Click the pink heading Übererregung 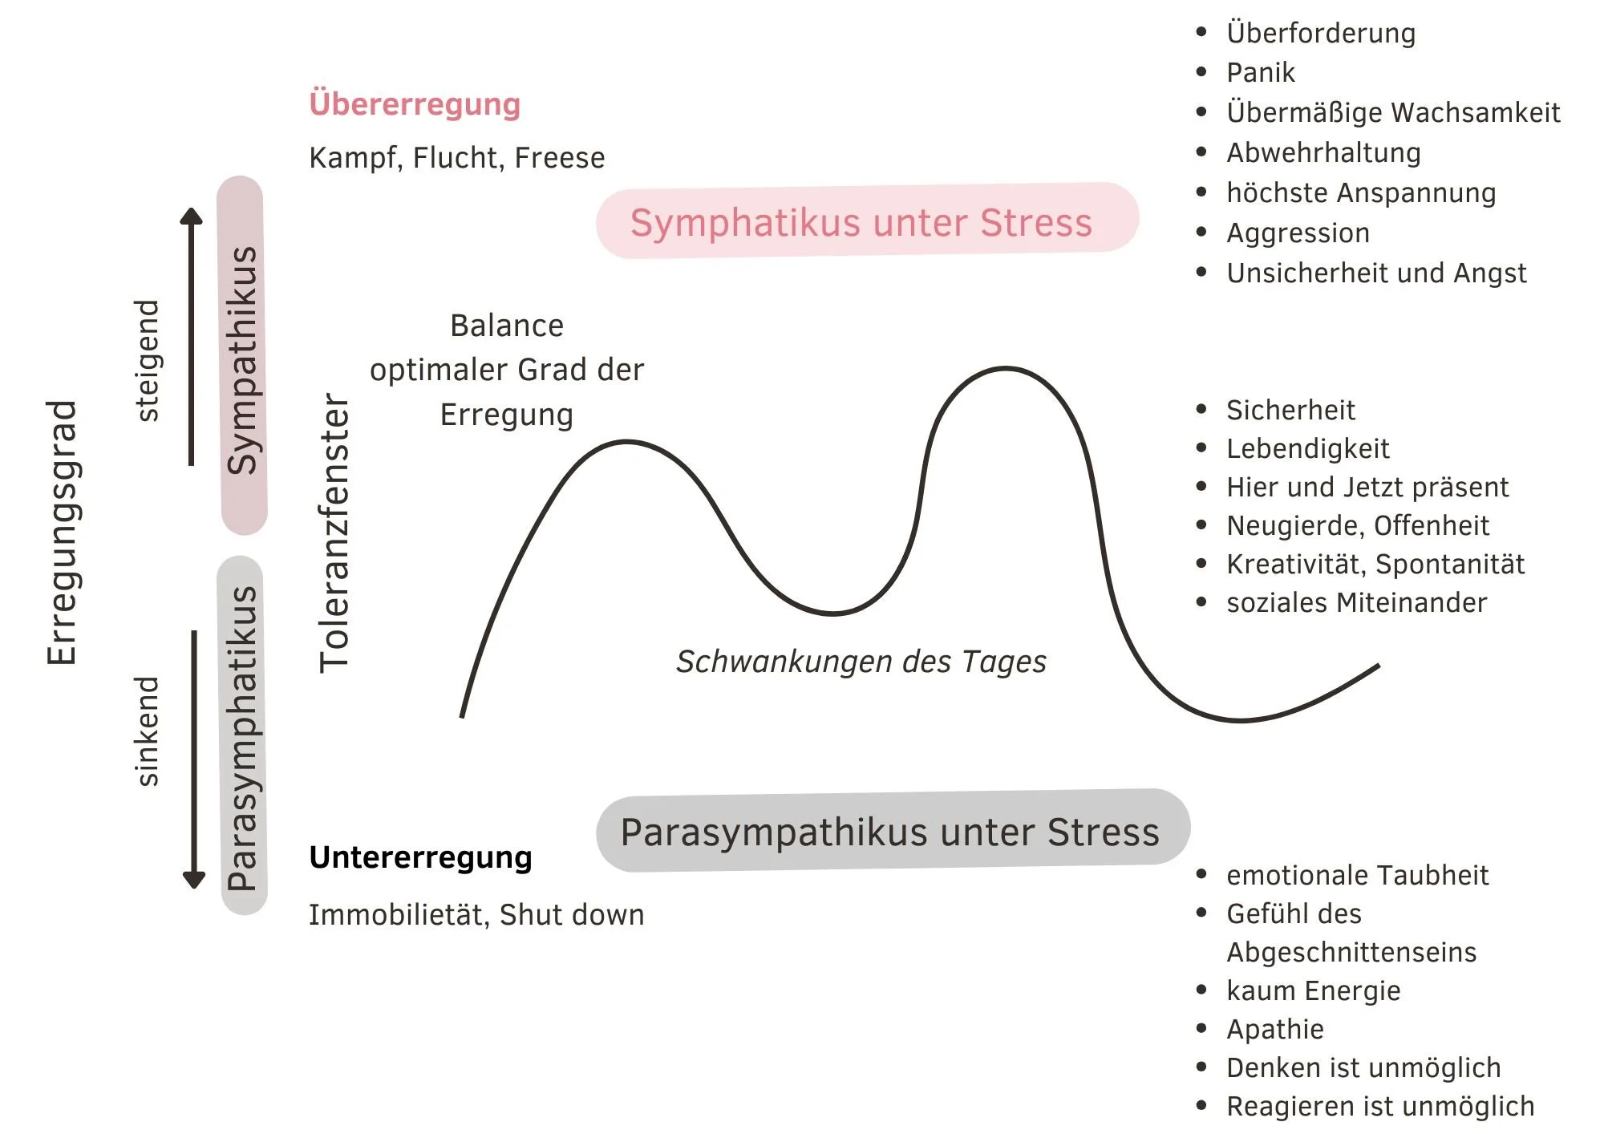tap(415, 104)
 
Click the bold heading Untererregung tap(420, 857)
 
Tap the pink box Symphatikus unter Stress tap(866, 221)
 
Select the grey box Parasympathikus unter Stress tap(892, 831)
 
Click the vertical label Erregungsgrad tap(62, 533)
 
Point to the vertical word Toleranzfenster tap(334, 533)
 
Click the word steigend tap(147, 361)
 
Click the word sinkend tap(147, 731)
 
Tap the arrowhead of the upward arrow tap(191, 217)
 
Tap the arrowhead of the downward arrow tap(194, 879)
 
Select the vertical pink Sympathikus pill tap(242, 356)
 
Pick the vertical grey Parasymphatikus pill tap(242, 736)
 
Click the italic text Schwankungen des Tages tap(861, 662)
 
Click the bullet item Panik tap(1260, 73)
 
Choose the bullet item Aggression tap(1298, 233)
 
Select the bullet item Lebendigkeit tap(1307, 449)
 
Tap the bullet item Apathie tap(1274, 1029)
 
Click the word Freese tap(559, 158)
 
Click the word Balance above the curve tap(507, 326)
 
